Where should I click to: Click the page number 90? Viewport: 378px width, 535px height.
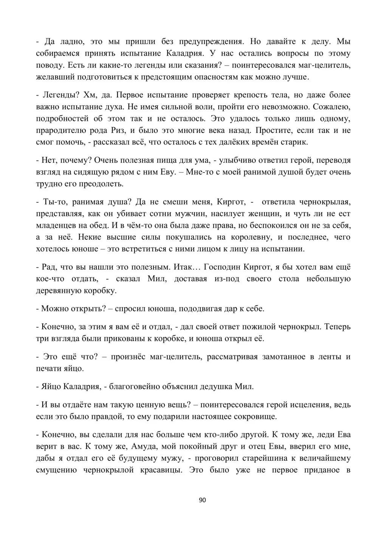coord(202,500)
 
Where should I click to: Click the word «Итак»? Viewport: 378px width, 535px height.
coord(184,267)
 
